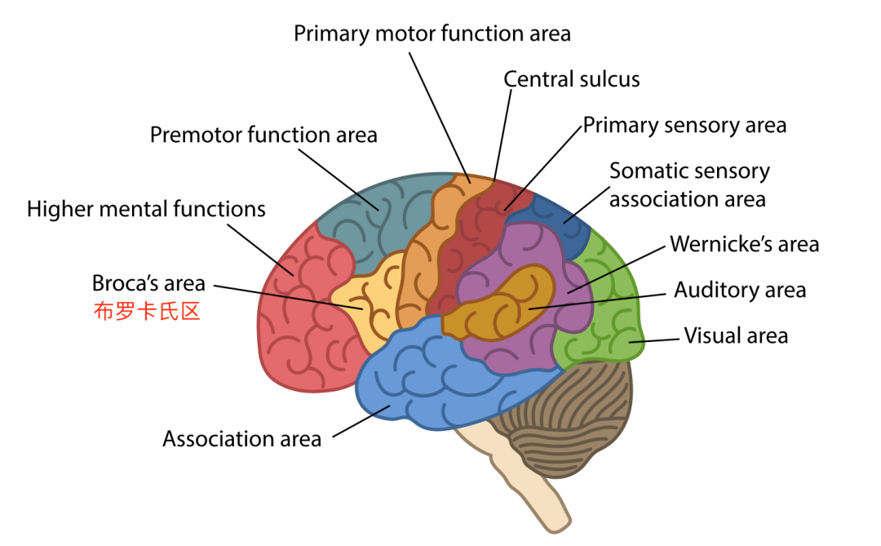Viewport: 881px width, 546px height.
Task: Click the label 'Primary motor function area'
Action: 432,33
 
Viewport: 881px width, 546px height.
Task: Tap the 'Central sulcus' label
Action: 571,79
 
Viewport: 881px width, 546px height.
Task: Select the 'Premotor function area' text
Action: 263,135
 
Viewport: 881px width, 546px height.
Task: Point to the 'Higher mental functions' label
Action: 146,209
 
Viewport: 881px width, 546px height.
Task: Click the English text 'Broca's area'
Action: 148,284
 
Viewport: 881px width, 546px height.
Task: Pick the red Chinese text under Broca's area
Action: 146,312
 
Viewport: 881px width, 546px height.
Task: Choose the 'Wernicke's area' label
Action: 744,244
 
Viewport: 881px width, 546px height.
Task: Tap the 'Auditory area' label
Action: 739,290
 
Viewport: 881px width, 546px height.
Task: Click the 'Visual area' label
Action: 736,335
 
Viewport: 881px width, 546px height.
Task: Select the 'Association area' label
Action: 241,439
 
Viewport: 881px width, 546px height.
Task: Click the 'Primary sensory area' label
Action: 684,125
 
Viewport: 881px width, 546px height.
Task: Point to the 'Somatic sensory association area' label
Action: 689,185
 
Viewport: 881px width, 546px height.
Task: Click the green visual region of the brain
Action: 604,318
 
